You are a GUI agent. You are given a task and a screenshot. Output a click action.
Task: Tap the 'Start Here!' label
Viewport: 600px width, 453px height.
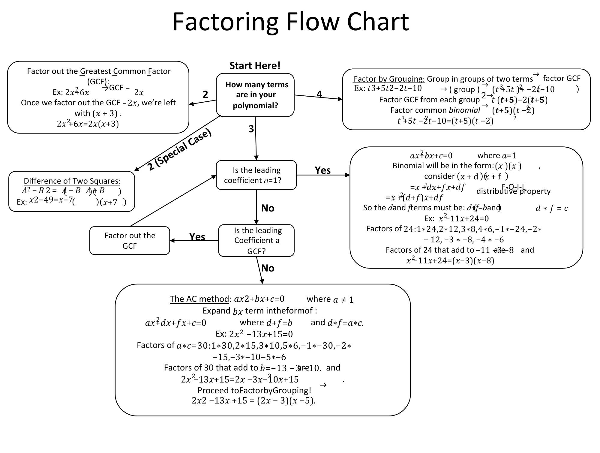click(255, 65)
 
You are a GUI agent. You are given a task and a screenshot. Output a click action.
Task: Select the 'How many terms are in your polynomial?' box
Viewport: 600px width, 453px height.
click(255, 95)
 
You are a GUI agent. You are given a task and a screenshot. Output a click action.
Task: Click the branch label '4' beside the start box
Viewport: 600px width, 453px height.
click(319, 94)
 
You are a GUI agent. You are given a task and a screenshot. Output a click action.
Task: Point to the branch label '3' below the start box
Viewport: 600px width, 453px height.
click(251, 129)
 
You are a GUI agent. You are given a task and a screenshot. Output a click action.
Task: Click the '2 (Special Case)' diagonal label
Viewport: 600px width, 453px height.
click(179, 150)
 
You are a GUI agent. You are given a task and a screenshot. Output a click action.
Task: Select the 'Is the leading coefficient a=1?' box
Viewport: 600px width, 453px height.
click(256, 175)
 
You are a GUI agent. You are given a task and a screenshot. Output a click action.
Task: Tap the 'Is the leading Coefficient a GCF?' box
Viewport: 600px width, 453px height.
click(256, 240)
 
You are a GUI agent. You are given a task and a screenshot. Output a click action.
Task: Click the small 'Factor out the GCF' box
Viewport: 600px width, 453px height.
click(130, 241)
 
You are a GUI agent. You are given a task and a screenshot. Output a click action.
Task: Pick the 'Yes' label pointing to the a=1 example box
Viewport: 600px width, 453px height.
click(322, 170)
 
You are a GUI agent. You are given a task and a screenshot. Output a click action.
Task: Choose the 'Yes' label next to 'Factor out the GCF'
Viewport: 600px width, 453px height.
click(197, 237)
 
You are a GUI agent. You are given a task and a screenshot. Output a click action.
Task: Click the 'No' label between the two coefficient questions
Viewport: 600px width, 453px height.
click(268, 208)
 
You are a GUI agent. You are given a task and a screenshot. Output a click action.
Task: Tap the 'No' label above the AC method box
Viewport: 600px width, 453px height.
click(268, 268)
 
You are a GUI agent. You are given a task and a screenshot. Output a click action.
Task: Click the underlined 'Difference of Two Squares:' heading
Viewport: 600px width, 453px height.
click(72, 181)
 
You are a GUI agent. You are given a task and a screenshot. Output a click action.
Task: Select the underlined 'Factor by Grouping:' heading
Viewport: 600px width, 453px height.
click(389, 79)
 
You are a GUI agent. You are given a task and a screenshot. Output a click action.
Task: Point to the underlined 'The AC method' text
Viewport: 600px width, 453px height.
click(199, 299)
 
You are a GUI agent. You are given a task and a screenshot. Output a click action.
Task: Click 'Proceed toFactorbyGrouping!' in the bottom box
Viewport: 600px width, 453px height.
click(254, 390)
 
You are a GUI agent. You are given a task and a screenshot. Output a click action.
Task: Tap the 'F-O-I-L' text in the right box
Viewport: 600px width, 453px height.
click(513, 187)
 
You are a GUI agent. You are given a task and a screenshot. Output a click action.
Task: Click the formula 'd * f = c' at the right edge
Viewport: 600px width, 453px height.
click(551, 208)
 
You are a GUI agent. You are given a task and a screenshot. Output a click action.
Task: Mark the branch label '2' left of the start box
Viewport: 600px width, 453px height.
click(205, 94)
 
